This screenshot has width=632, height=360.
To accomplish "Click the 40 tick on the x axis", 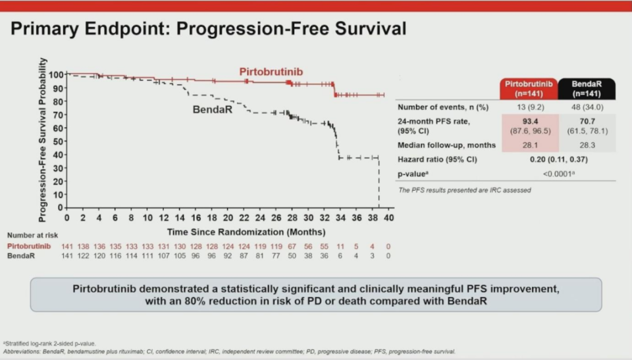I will click(x=388, y=218).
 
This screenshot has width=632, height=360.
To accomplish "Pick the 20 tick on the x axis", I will click(x=228, y=218).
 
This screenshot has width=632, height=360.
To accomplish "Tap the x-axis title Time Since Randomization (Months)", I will click(x=246, y=232).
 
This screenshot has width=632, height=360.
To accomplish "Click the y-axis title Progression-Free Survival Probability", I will click(x=42, y=138).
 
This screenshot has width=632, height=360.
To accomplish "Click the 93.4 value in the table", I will click(x=530, y=120).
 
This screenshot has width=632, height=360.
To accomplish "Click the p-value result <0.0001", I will click(x=558, y=173).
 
